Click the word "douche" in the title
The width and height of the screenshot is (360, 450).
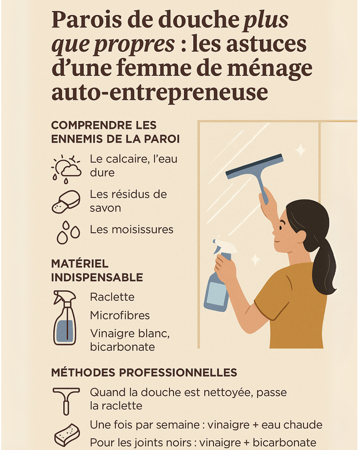click(198, 20)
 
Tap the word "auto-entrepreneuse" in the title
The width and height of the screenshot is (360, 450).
click(160, 92)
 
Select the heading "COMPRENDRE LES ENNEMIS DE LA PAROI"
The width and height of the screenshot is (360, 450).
click(115, 132)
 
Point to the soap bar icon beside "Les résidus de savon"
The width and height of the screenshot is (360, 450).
click(66, 202)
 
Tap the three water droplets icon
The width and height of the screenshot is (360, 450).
click(68, 232)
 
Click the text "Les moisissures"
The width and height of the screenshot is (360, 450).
click(132, 230)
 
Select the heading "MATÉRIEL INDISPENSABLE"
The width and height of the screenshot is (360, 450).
click(97, 270)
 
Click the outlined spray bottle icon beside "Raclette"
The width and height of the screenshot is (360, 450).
click(65, 318)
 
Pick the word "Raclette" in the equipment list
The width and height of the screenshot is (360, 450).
click(112, 297)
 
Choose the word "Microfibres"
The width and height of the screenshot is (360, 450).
click(120, 315)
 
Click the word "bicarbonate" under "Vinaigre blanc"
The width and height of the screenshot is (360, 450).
click(122, 347)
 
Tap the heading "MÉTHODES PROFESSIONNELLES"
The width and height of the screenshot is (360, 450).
click(144, 373)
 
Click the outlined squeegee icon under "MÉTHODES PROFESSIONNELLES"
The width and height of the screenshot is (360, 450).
click(66, 400)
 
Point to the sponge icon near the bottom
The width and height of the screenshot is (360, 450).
click(67, 435)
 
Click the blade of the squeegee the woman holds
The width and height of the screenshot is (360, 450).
click(254, 166)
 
